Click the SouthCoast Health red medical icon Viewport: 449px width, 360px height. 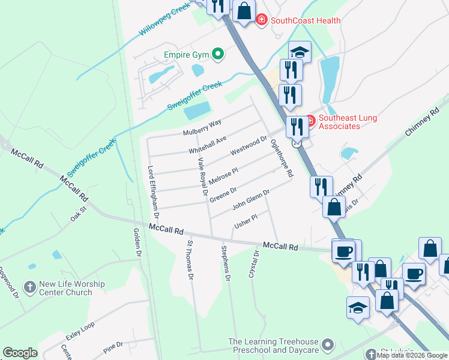(x=262, y=20)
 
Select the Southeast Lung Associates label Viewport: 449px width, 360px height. (x=348, y=122)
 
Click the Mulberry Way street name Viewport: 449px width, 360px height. (x=202, y=127)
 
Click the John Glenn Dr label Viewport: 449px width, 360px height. (x=250, y=197)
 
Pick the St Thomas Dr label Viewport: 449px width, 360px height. (x=190, y=260)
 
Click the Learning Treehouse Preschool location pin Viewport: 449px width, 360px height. (x=327, y=345)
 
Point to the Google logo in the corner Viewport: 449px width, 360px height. (x=20, y=353)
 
